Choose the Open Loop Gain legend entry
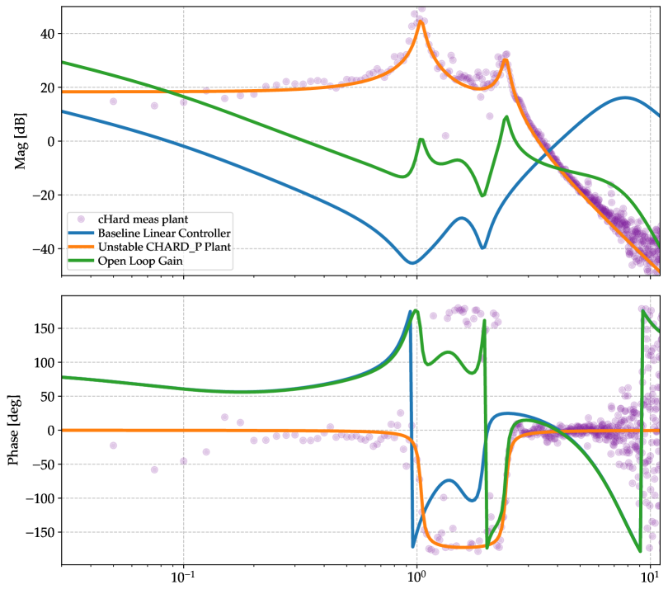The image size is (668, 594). point(139,261)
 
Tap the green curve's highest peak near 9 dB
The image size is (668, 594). point(506,117)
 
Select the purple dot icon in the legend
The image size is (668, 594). point(82,219)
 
